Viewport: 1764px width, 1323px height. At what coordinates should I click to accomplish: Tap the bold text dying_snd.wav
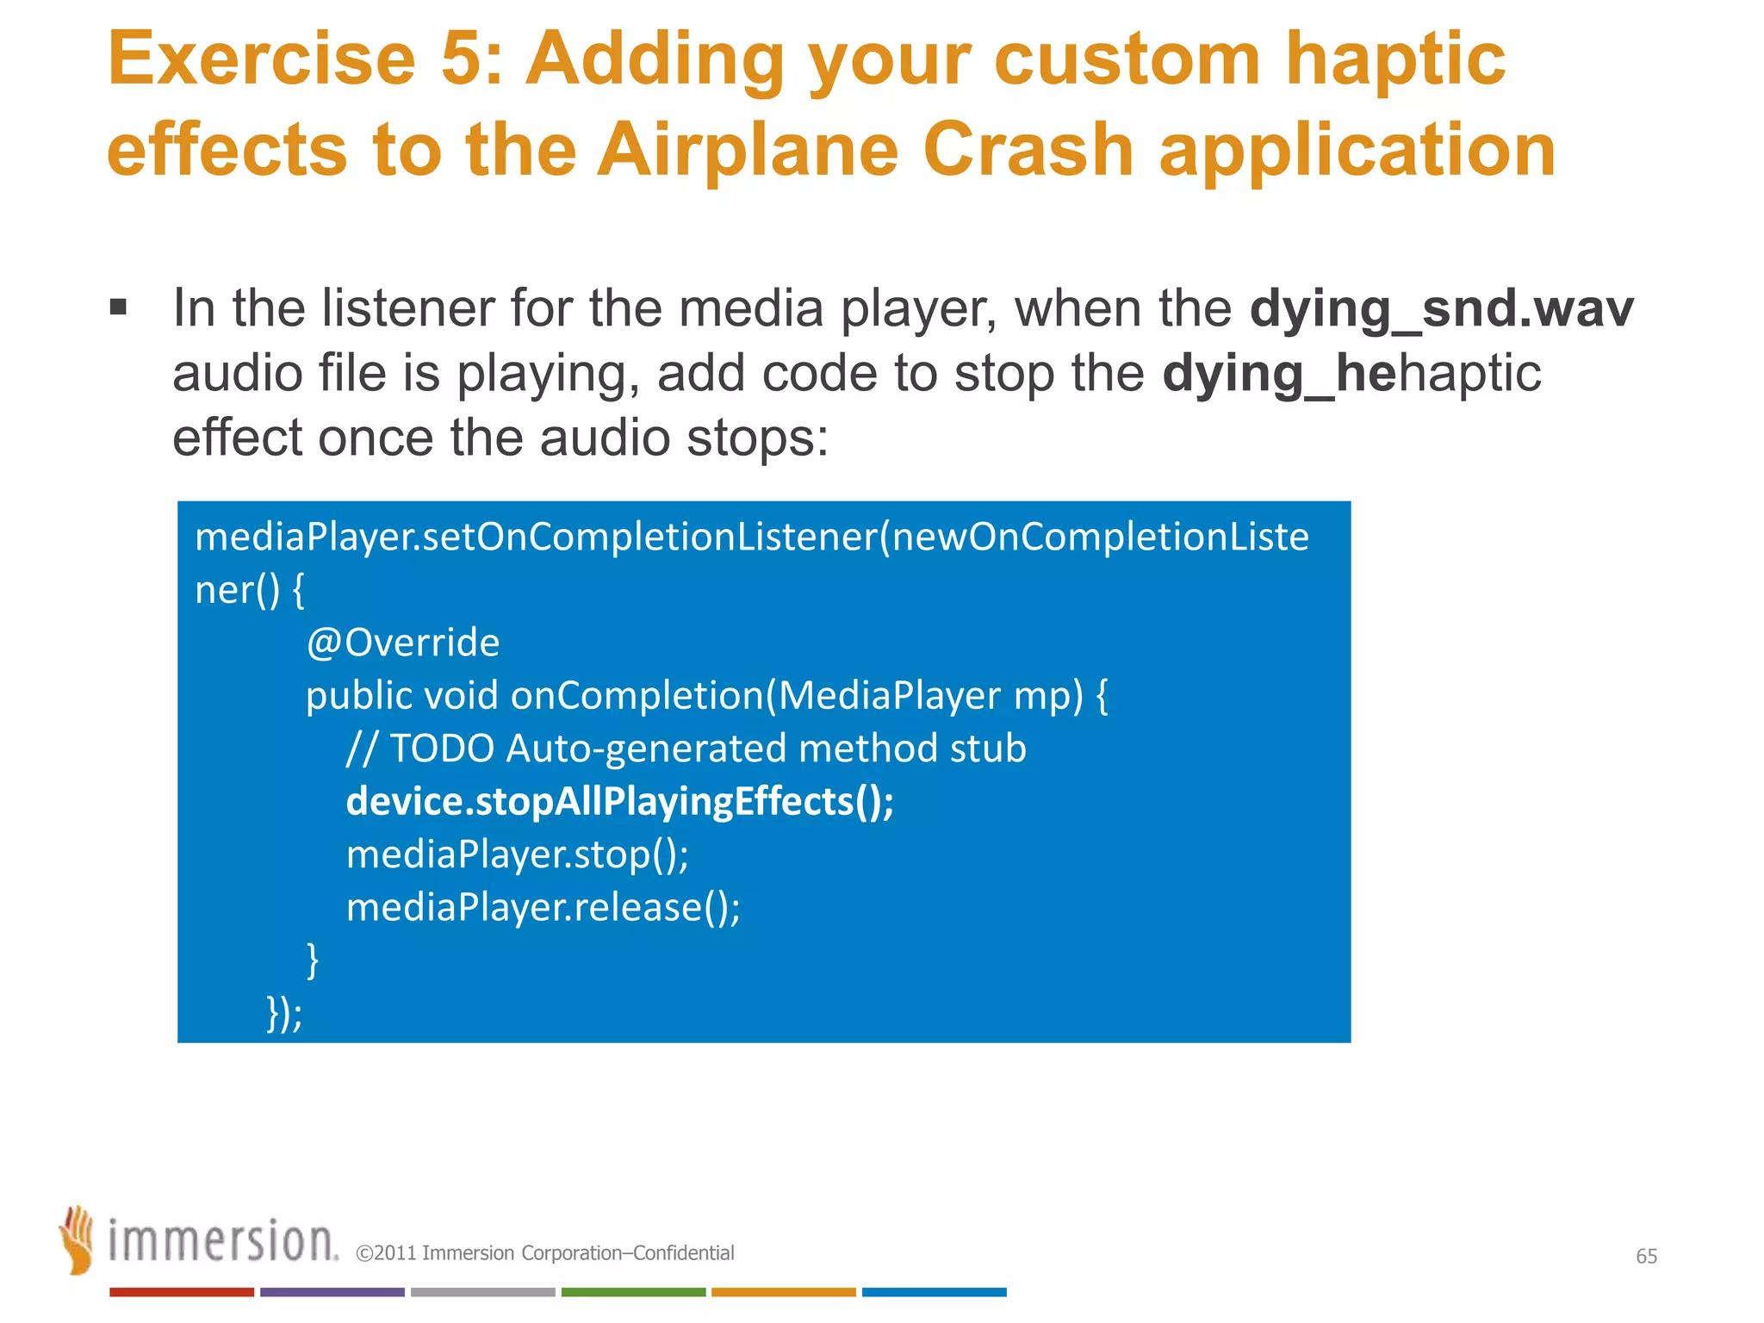click(1441, 308)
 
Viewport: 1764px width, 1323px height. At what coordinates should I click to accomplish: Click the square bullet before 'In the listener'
click(119, 307)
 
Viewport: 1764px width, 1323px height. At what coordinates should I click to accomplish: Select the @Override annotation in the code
click(403, 643)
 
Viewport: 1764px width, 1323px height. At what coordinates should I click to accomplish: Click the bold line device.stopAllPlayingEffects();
click(619, 801)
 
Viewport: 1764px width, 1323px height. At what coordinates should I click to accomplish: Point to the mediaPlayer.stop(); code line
click(517, 854)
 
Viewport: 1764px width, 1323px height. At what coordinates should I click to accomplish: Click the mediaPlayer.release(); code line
click(543, 907)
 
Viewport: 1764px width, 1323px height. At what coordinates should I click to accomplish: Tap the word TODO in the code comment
click(442, 748)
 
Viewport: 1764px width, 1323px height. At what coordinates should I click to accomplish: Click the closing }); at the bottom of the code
click(284, 1013)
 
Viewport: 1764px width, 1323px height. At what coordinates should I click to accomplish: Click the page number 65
click(1646, 1256)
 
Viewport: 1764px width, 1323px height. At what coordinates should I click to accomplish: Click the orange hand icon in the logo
click(78, 1239)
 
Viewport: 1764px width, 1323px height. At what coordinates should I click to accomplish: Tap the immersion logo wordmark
click(222, 1241)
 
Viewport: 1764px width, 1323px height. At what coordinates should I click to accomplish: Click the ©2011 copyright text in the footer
click(544, 1253)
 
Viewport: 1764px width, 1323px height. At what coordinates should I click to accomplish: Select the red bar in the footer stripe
click(182, 1292)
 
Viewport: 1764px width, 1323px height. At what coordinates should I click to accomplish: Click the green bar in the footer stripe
click(633, 1292)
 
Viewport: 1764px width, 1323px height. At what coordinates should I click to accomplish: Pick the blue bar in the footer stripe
click(934, 1292)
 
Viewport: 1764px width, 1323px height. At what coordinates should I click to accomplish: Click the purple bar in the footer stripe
click(332, 1292)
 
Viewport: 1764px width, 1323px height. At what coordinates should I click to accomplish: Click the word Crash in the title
click(1028, 151)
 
